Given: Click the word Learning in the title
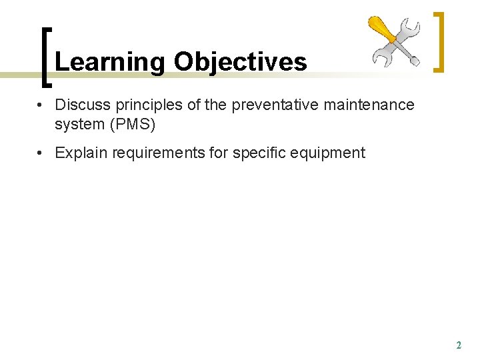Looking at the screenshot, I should pos(110,62).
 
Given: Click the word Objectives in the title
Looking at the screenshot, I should pos(240,62).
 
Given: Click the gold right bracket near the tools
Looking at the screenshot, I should pos(439,41).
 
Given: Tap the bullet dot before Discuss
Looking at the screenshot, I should pos(41,105).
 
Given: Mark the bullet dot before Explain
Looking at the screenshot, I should pos(41,153).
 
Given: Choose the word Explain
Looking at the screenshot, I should pos(81,153).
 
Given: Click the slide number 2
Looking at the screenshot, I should pos(458,345).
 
